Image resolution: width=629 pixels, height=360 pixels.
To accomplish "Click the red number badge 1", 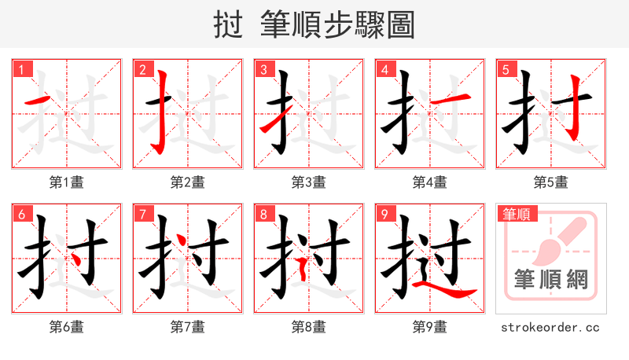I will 21,69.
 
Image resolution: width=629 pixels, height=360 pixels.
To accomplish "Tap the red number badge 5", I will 506,69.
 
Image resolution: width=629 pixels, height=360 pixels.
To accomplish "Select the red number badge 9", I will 384,214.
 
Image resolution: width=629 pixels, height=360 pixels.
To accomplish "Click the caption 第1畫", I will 66,182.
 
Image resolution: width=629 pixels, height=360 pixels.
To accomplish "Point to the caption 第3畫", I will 308,182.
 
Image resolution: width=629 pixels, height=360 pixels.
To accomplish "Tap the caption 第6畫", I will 66,326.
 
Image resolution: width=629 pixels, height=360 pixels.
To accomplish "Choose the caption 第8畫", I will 308,326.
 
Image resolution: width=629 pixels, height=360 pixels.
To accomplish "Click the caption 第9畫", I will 429,326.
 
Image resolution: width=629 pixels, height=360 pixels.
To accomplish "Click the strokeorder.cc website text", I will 550,326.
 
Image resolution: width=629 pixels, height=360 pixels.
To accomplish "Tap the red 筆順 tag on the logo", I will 516,214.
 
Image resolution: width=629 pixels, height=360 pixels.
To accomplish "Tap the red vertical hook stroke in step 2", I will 162,110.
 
